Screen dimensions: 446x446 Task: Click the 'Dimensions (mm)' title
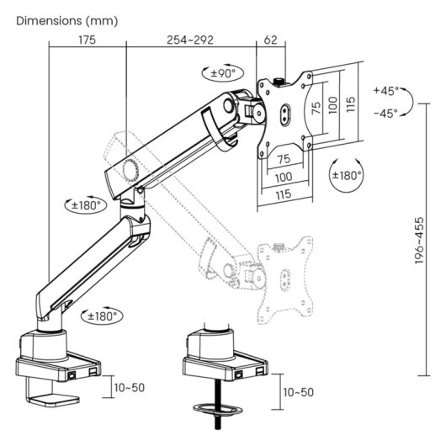click(66, 21)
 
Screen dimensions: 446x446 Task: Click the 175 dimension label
click(87, 40)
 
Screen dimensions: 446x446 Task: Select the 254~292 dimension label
click(190, 40)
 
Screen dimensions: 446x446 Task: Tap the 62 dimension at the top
click(270, 40)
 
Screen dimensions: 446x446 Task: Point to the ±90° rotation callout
click(223, 73)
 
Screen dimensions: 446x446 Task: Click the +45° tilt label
click(386, 91)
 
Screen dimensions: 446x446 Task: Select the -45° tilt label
click(386, 114)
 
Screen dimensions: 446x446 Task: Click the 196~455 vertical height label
click(419, 241)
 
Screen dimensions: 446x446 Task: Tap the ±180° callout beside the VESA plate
click(347, 175)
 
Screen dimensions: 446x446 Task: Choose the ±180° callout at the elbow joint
click(86, 204)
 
